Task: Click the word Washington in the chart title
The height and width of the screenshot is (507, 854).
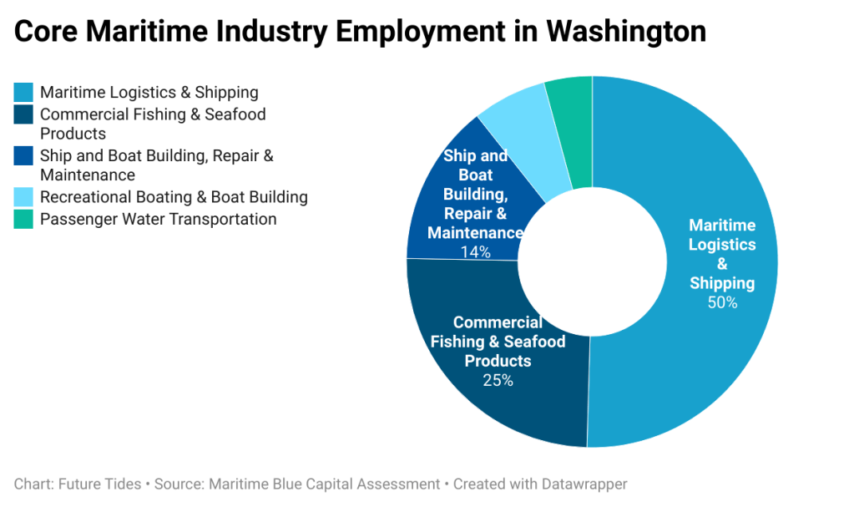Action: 626,32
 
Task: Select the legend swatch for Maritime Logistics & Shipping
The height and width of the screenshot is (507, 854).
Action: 24,92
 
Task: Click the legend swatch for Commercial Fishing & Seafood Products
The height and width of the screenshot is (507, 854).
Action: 24,114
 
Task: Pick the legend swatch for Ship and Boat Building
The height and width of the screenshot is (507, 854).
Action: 24,156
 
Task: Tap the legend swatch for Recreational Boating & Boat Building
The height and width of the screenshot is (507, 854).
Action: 24,197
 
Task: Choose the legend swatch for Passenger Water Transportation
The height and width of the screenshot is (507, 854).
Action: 24,220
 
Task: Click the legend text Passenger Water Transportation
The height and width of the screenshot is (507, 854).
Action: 158,220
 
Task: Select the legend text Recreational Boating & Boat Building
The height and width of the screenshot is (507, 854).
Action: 174,197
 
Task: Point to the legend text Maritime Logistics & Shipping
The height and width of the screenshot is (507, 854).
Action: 149,92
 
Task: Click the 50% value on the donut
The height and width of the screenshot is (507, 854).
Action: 722,302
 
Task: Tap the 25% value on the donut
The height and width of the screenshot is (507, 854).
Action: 498,380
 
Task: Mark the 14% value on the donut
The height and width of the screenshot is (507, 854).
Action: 475,251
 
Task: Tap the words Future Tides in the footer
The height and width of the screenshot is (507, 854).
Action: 99,484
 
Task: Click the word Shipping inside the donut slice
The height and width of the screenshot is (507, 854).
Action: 722,283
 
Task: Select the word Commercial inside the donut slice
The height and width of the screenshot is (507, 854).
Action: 498,322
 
